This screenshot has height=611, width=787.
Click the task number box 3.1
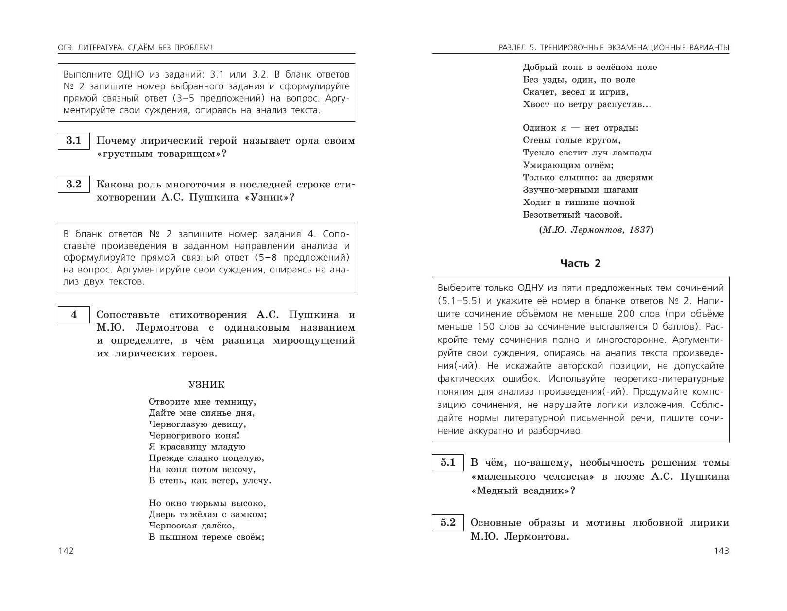click(x=74, y=141)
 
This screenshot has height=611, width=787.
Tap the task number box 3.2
click(x=74, y=185)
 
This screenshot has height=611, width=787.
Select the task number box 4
click(x=74, y=315)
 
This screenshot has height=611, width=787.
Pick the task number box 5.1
click(x=448, y=463)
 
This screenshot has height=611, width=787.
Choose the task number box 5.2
click(x=448, y=523)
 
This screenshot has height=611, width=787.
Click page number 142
click(x=66, y=551)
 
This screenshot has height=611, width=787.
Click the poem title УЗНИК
click(x=206, y=385)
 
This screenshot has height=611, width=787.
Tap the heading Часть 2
click(x=581, y=263)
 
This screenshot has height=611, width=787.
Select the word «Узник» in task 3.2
click(x=268, y=198)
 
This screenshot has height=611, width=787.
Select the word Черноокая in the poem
click(x=173, y=526)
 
